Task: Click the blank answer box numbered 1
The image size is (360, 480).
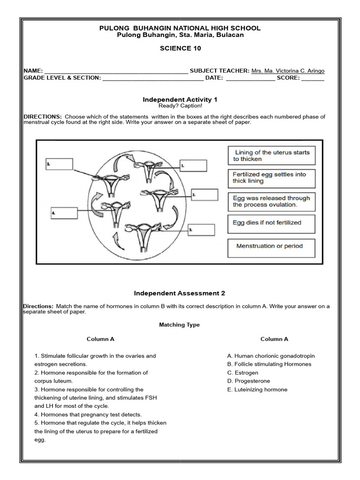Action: pos(193,165)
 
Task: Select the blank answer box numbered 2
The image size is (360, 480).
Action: pos(204,194)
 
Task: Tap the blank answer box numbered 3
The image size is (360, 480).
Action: pos(201,230)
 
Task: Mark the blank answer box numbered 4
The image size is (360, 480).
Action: pos(64,212)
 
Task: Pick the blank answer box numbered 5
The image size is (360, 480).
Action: pos(60,164)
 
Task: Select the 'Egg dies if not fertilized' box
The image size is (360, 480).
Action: pos(271,224)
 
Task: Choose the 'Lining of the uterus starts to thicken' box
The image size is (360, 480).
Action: pos(271,156)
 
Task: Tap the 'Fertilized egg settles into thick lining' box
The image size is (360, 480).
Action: pos(271,178)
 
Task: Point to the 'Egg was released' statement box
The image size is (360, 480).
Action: pos(271,202)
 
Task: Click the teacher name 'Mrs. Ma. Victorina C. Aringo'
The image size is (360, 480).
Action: pos(287,71)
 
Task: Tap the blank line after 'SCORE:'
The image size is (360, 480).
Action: pos(313,78)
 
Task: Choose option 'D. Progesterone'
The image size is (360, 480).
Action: pos(248,381)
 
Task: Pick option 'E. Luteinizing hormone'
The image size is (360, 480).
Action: pos(257,390)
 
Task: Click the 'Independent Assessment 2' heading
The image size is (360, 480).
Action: pos(180,293)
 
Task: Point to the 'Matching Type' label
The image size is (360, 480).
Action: pos(179,325)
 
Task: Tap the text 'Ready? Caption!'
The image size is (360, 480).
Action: pos(180,106)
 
